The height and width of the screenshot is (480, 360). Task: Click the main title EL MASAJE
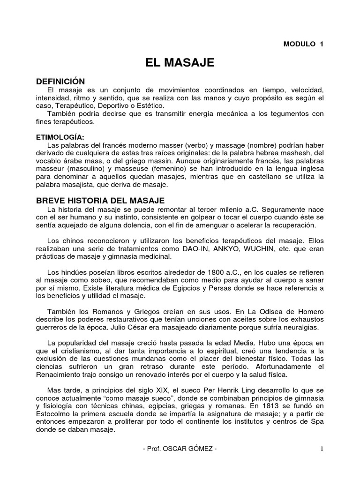pyautogui.click(x=180, y=62)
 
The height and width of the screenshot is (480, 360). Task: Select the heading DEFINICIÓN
pyautogui.click(x=60, y=82)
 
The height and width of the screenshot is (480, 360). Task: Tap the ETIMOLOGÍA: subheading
pyautogui.click(x=60, y=137)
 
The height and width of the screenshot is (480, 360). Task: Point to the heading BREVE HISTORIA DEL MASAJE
pyautogui.click(x=100, y=200)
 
